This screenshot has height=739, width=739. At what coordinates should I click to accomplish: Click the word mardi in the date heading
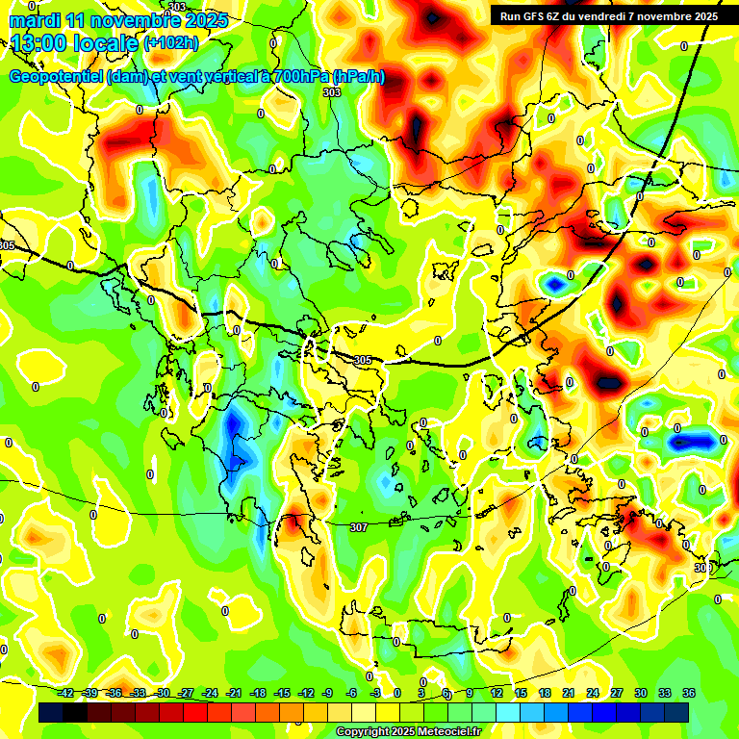pos(34,19)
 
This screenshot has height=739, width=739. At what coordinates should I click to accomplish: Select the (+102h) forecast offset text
pos(170,42)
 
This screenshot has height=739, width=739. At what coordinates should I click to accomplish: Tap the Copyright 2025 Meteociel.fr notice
pos(408,732)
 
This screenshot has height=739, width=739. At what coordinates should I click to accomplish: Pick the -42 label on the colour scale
pos(65,693)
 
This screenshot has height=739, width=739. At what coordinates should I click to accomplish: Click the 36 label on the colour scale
pos(689,693)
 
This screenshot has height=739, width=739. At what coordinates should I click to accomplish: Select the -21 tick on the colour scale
pos(234,693)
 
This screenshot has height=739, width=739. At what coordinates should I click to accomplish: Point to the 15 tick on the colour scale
pos(520,693)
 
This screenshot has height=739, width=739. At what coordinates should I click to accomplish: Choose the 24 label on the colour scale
pos(592,693)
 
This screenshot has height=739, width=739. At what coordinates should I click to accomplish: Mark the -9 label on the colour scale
pos(328,693)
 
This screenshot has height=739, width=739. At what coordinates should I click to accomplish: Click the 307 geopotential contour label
pos(359,527)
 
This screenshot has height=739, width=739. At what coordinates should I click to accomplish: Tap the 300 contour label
pos(703,568)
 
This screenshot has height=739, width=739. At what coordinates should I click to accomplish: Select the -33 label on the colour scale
pos(139,693)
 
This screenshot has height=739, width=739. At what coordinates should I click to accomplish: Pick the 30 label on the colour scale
pos(640,693)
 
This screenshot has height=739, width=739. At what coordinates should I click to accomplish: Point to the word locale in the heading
pos(104,42)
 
